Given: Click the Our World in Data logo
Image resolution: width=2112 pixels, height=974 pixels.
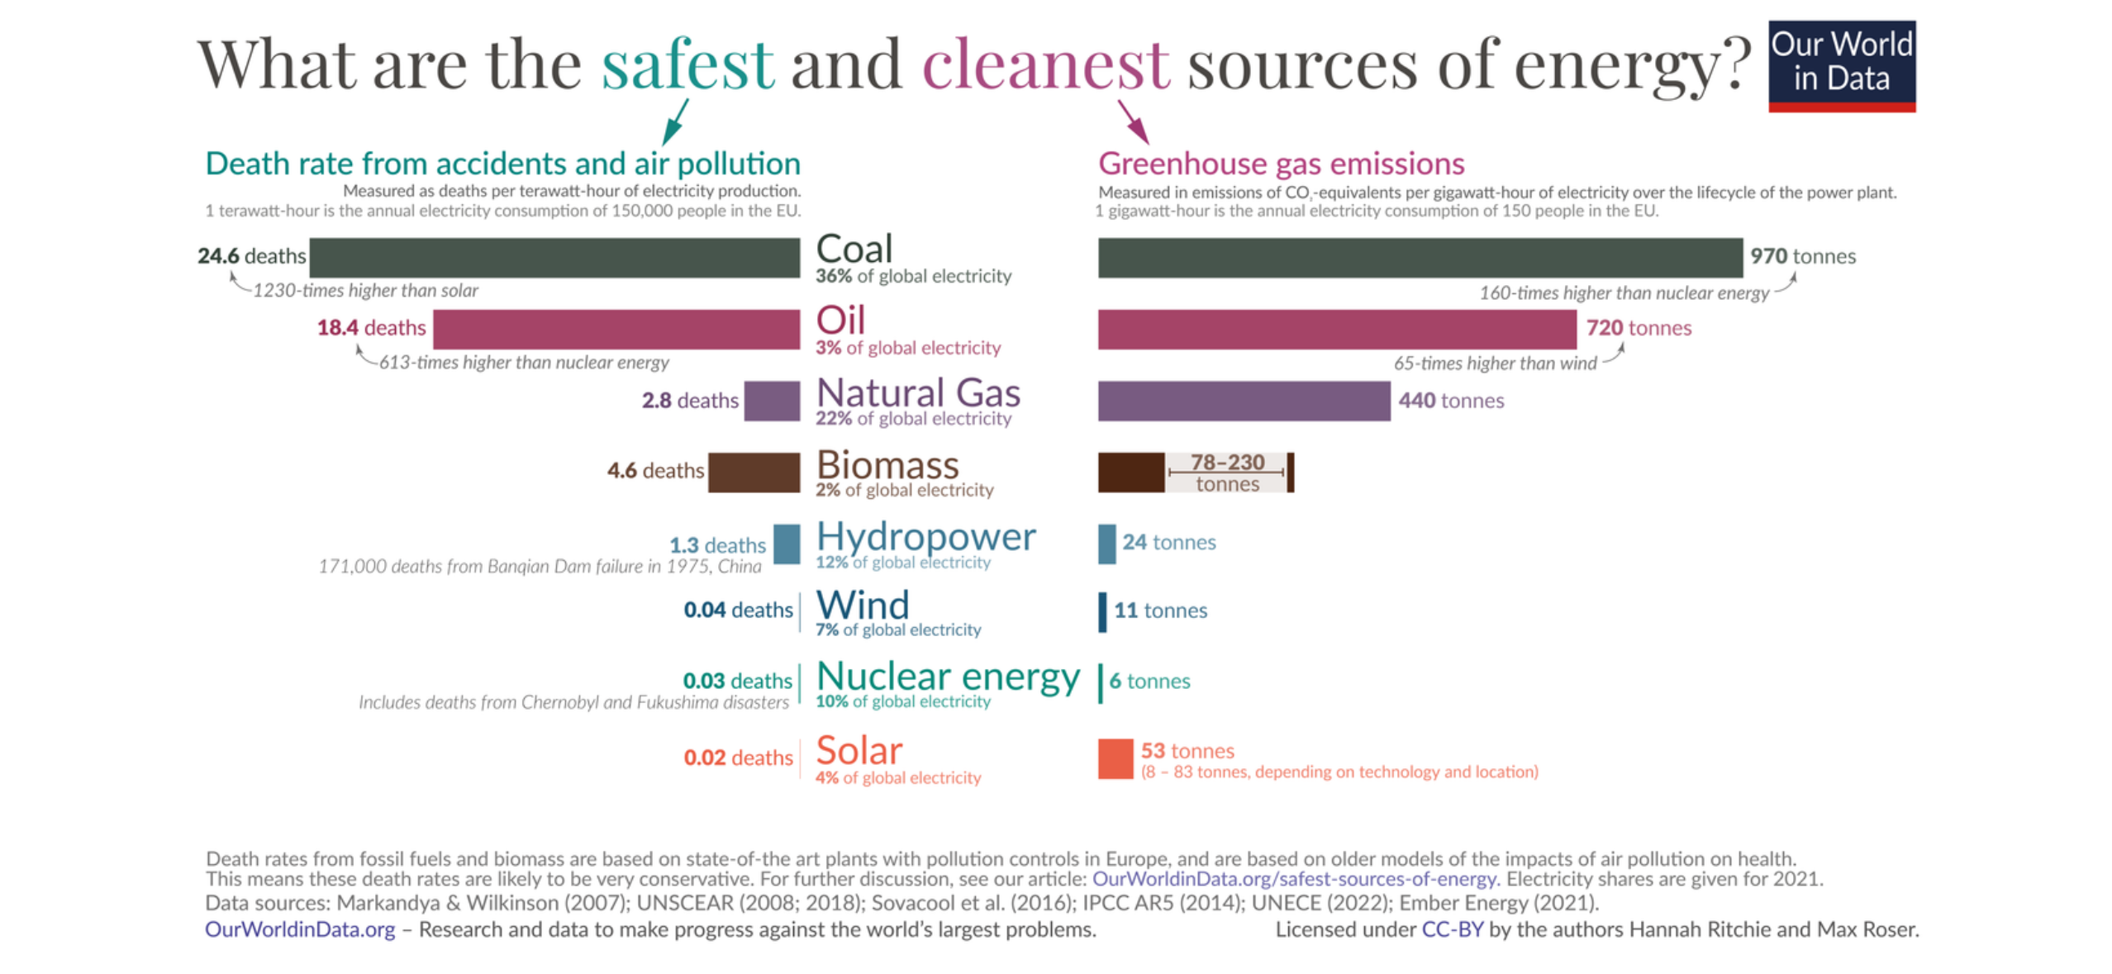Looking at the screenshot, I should click(x=1840, y=65).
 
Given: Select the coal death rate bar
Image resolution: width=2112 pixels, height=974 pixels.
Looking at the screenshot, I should click(x=554, y=257).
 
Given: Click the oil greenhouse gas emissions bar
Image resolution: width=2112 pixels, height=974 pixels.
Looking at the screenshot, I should click(x=1335, y=329).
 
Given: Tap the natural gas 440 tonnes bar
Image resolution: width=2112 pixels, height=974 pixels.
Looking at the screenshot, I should click(x=1243, y=401).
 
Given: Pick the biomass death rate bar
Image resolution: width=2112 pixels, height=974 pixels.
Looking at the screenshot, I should click(x=753, y=472).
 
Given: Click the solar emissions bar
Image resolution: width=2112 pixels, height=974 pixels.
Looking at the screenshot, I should click(x=1115, y=758).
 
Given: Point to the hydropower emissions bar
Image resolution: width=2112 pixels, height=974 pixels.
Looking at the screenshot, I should click(x=1106, y=543).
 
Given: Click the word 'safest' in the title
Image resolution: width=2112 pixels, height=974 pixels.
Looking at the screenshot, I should click(x=687, y=64).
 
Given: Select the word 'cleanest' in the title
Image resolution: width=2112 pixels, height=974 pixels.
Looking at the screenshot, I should click(x=1044, y=64).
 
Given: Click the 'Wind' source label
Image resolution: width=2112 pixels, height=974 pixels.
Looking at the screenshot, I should click(x=862, y=605).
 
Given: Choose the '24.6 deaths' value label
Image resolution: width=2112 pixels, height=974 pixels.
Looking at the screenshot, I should click(x=251, y=256).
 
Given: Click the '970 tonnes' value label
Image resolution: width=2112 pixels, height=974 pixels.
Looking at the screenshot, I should click(x=1801, y=256).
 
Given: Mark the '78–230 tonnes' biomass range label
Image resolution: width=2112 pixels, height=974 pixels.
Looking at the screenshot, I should click(x=1226, y=472).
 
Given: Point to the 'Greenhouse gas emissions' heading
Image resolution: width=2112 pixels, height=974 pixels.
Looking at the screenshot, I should click(x=1280, y=164).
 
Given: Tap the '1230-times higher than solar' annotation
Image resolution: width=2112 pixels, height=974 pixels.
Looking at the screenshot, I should click(x=364, y=291).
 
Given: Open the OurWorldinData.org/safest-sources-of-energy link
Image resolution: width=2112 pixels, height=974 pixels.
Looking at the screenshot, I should click(x=1293, y=878).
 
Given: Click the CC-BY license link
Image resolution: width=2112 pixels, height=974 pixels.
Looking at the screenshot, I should click(x=1451, y=929).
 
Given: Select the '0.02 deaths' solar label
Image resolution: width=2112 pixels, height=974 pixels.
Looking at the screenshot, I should click(x=737, y=757).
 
